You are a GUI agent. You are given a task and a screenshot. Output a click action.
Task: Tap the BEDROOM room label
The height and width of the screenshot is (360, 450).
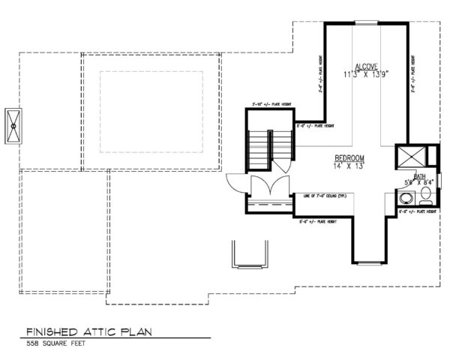point(349,158)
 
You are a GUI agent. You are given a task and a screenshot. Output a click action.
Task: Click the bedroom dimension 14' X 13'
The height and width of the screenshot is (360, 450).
point(349,166)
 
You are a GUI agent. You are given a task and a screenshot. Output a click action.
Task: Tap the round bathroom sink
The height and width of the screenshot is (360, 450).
point(405,199)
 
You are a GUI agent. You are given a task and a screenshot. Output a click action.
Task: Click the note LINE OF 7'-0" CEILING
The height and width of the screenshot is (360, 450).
point(326,196)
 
